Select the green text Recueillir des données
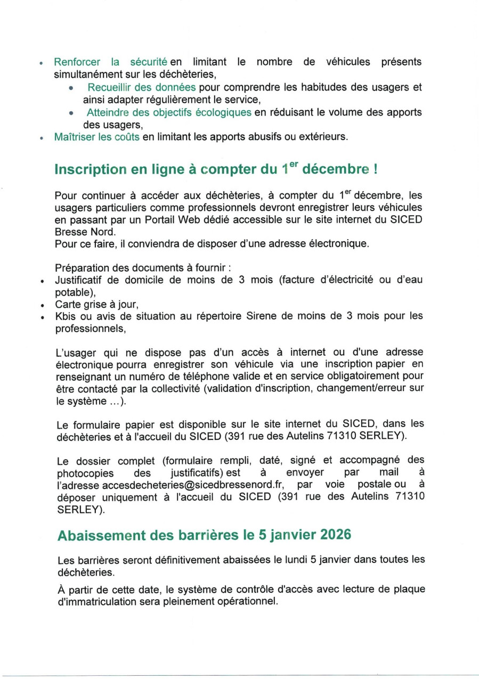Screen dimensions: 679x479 click(142, 87)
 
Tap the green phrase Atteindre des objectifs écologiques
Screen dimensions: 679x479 click(169, 112)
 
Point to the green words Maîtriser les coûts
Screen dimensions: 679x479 click(97, 137)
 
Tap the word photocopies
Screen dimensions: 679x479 click(85, 473)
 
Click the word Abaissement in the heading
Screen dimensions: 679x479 click(104, 535)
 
